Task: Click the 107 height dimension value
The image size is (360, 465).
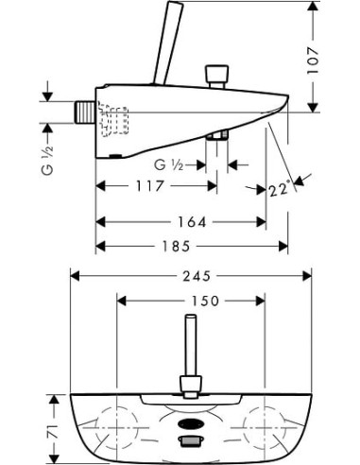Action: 314,60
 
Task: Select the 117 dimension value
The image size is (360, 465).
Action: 150,186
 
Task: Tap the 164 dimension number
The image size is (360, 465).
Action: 192,222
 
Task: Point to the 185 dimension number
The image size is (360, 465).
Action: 177,246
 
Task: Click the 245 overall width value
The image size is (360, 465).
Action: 197,276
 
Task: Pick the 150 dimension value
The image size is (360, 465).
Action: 204,301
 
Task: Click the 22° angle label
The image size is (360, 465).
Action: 279,190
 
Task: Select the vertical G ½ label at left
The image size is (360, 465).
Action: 47,161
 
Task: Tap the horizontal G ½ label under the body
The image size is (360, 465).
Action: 169,164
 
